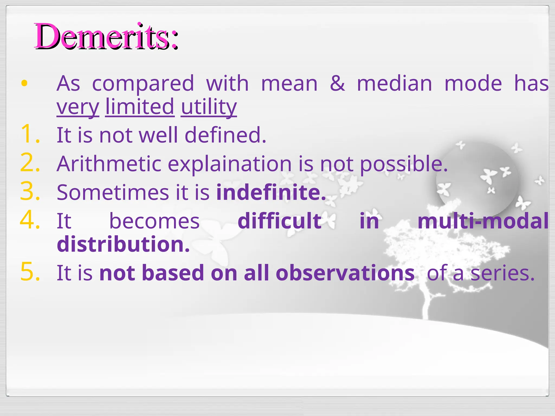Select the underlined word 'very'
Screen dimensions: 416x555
point(78,107)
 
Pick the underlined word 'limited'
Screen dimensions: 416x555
point(140,107)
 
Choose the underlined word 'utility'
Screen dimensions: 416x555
point(209,107)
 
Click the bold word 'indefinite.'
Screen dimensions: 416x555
point(271,192)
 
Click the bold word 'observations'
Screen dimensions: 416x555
point(345,273)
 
